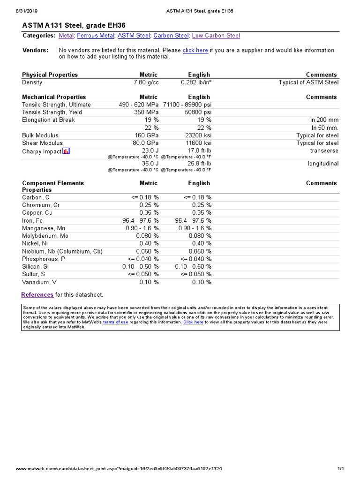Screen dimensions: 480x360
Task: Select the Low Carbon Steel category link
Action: coord(216,36)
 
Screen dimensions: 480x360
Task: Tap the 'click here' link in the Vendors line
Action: coord(195,50)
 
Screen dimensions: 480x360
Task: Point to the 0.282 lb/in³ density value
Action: coord(196,82)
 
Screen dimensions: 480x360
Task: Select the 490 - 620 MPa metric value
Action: coord(139,105)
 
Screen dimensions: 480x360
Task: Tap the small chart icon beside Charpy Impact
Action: coord(66,151)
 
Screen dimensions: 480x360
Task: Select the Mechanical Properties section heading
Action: coord(54,97)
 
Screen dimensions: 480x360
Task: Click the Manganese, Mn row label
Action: coord(44,228)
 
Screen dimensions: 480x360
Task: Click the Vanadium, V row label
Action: coord(39,282)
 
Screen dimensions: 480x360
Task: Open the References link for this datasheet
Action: coord(37,295)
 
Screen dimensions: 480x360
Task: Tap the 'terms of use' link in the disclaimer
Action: coord(115,322)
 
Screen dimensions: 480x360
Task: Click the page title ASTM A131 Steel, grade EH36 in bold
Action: coord(74,25)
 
